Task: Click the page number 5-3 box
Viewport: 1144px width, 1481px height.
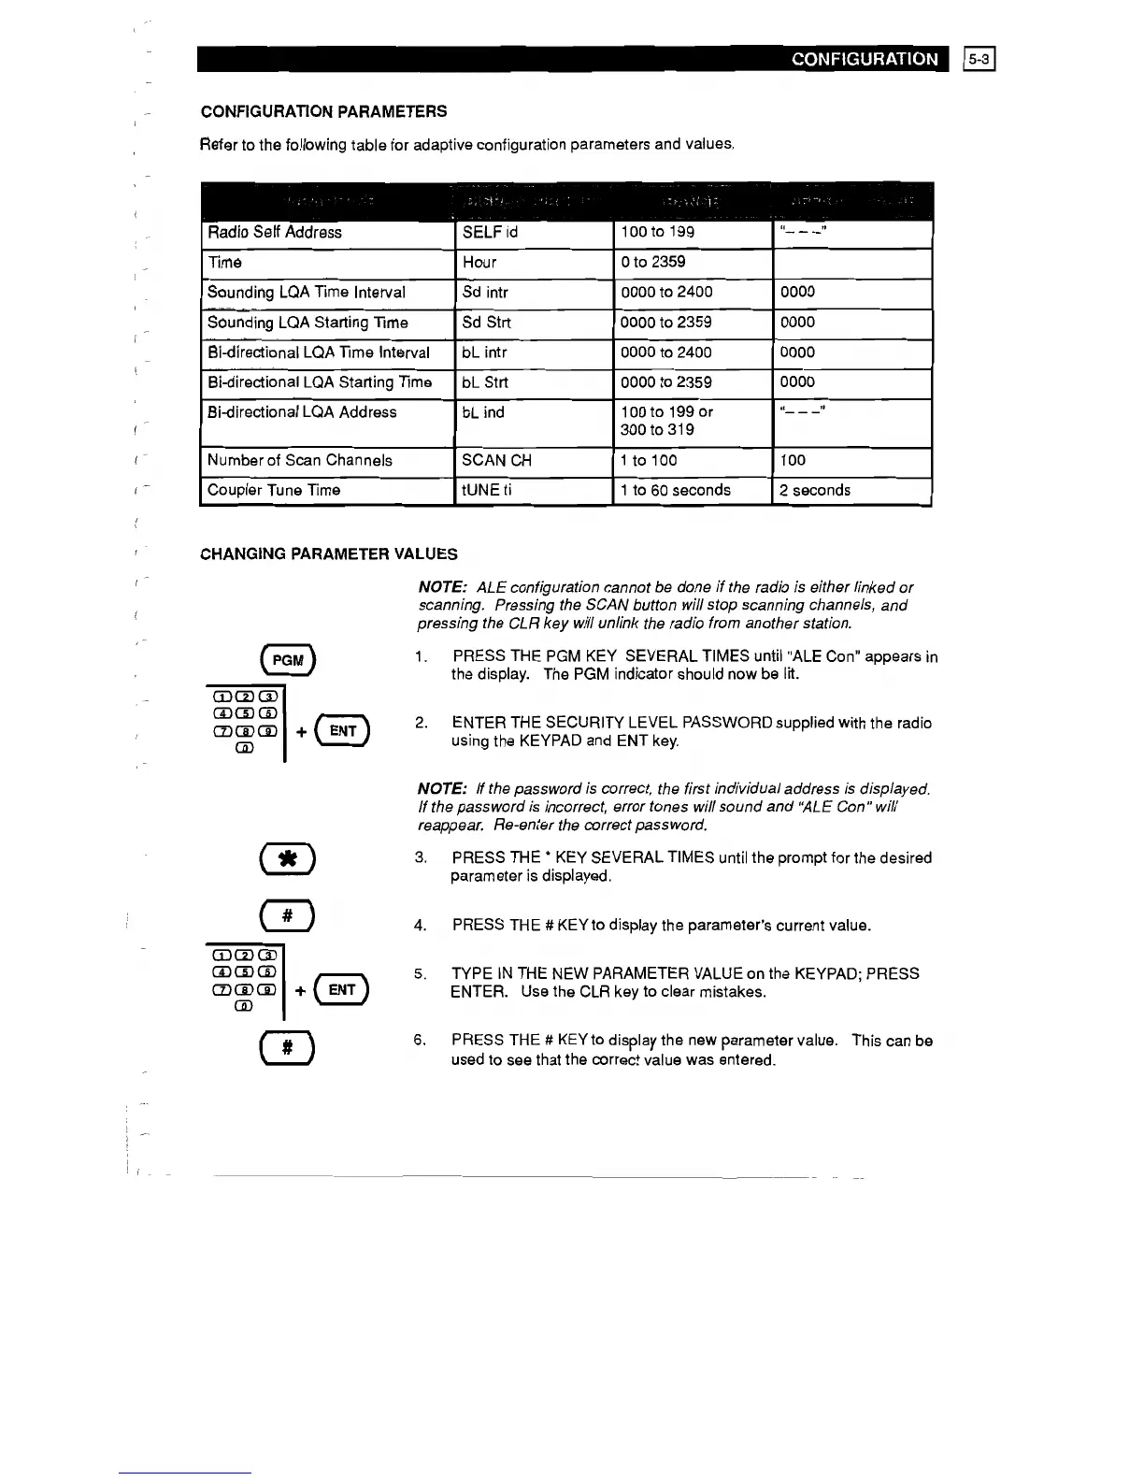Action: [x=980, y=59]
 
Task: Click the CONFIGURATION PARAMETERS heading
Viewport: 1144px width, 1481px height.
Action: [x=323, y=111]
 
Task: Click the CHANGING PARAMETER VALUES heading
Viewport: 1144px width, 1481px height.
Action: [x=329, y=554]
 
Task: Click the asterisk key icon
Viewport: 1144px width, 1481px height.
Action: [x=289, y=859]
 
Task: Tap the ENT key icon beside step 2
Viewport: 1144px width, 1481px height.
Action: [x=344, y=731]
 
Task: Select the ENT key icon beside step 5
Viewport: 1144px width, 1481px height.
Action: [x=342, y=989]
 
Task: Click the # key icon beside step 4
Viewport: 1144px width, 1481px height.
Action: [x=289, y=916]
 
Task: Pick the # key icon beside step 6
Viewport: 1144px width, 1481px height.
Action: [x=289, y=1048]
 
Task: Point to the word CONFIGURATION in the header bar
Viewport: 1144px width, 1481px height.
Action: [x=865, y=59]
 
